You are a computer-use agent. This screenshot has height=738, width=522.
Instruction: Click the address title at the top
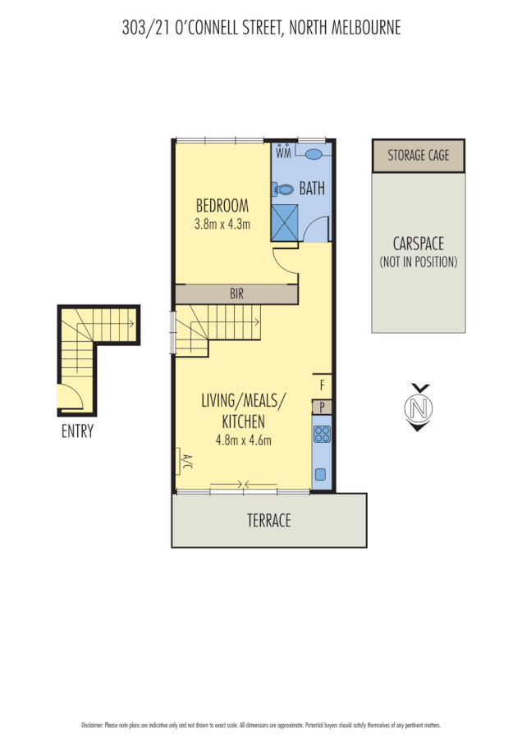click(261, 28)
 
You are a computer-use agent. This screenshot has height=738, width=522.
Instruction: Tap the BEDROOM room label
click(222, 205)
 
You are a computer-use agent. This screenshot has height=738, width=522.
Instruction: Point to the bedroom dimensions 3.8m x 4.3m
click(222, 224)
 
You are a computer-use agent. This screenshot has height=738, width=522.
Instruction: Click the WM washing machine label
click(284, 153)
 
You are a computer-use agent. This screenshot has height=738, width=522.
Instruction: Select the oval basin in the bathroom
click(314, 153)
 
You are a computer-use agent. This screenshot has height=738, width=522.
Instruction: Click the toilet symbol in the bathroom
click(285, 189)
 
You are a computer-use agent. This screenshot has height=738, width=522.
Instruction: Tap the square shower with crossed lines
click(285, 221)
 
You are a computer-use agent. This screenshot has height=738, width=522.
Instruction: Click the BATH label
click(312, 189)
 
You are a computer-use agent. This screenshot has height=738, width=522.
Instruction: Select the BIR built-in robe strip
click(236, 294)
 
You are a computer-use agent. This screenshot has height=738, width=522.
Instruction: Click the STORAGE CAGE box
click(419, 155)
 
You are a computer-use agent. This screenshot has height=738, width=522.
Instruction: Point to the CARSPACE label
click(419, 244)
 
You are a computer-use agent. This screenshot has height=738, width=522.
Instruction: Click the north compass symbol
click(420, 408)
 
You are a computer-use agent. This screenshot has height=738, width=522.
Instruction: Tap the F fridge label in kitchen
click(322, 384)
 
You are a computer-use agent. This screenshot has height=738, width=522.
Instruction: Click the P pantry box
click(322, 407)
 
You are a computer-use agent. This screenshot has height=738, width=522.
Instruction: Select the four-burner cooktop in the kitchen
click(322, 435)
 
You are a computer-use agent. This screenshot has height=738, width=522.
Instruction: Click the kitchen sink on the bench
click(321, 474)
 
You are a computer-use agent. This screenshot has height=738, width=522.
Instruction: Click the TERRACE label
click(269, 520)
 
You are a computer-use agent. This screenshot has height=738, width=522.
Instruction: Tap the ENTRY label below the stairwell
click(77, 431)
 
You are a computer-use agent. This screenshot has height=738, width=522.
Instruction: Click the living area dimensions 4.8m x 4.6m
click(243, 440)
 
